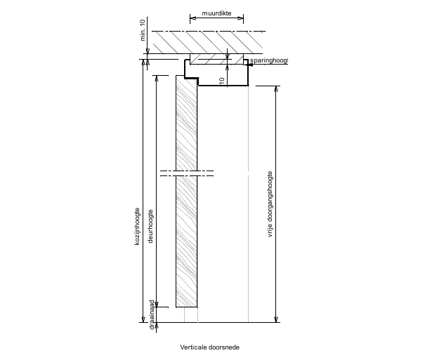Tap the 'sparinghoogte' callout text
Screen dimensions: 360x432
[270, 61]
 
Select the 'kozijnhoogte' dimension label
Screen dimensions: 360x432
[139, 225]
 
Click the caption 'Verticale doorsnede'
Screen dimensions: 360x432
[209, 347]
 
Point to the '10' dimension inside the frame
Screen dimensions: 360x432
[221, 81]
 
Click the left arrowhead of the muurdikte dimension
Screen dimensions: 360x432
[192, 18]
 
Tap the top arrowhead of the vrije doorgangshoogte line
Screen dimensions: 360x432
[276, 88]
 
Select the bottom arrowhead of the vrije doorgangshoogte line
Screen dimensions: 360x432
[276, 319]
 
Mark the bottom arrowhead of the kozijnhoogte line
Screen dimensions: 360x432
[144, 319]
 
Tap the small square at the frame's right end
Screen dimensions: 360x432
[247, 62]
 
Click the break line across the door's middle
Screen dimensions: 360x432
[187, 172]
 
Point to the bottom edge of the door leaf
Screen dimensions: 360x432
[186, 307]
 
